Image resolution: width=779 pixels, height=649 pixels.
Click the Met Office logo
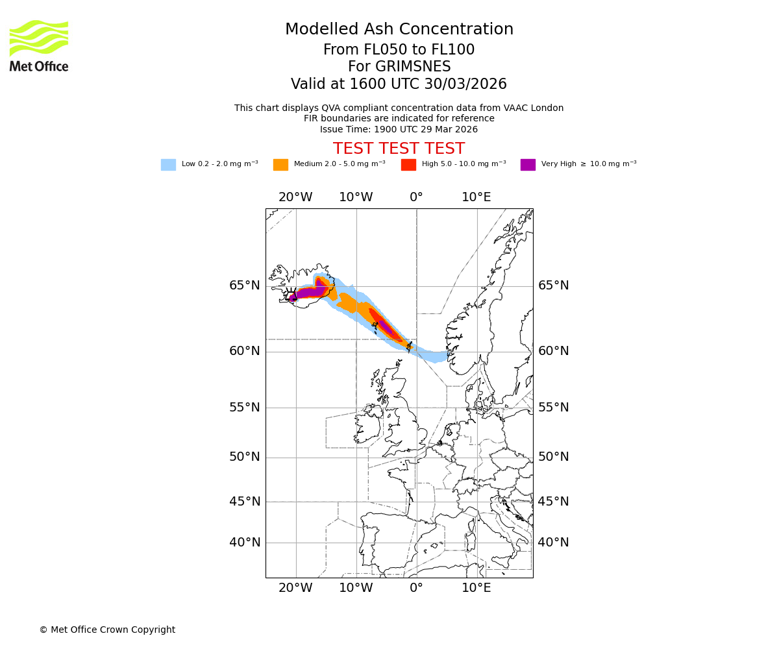(39, 45)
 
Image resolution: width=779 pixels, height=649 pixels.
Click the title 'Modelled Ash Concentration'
(399, 30)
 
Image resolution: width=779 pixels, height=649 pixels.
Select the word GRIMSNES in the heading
(399, 67)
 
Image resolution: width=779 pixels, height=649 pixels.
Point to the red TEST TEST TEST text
(399, 149)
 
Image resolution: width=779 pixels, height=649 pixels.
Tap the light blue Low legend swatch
(168, 165)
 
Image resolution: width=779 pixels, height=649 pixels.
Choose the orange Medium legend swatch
(280, 165)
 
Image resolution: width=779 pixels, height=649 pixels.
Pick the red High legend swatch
(408, 165)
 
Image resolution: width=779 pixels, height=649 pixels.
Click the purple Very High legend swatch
(528, 165)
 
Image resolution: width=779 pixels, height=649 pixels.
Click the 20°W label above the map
(295, 197)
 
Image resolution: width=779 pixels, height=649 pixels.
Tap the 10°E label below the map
(476, 588)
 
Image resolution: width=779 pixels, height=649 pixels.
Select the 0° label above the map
(416, 197)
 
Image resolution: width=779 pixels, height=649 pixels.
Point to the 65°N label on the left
(244, 286)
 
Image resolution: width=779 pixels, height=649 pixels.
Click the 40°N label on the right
(553, 543)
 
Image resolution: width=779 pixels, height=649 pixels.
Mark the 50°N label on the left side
(244, 457)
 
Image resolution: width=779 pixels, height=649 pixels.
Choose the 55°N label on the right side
(553, 408)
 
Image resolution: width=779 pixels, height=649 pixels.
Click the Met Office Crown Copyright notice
(107, 630)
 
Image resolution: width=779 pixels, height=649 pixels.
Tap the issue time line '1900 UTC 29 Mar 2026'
(399, 129)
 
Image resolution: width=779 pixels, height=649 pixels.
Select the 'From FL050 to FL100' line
(399, 50)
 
